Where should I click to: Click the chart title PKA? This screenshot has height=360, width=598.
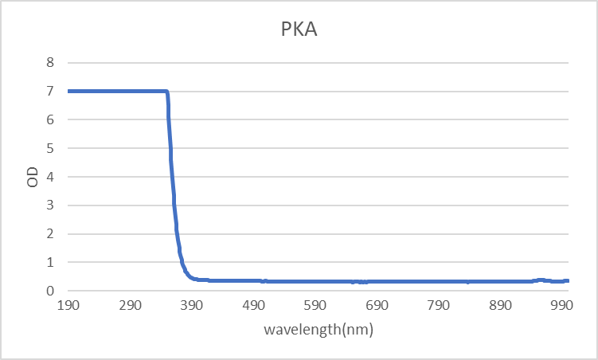pyautogui.click(x=298, y=30)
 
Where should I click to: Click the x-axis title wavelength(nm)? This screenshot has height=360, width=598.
pyautogui.click(x=318, y=329)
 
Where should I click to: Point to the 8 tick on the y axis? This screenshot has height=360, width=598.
pyautogui.click(x=50, y=62)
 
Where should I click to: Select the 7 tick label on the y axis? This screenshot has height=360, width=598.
pyautogui.click(x=50, y=91)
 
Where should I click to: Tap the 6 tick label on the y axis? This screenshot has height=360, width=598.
pyautogui.click(x=50, y=119)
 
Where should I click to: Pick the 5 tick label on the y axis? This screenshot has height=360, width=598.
pyautogui.click(x=50, y=148)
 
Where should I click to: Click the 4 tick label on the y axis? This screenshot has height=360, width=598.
pyautogui.click(x=50, y=177)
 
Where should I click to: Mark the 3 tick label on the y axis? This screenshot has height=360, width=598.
pyautogui.click(x=50, y=205)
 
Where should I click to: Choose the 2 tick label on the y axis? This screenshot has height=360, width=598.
pyautogui.click(x=50, y=234)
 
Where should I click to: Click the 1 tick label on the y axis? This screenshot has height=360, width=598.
pyautogui.click(x=50, y=263)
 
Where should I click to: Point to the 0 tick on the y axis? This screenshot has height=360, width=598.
pyautogui.click(x=50, y=292)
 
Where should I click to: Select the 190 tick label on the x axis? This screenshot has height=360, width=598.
pyautogui.click(x=68, y=306)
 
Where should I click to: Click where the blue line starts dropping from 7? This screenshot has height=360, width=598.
pyautogui.click(x=166, y=92)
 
